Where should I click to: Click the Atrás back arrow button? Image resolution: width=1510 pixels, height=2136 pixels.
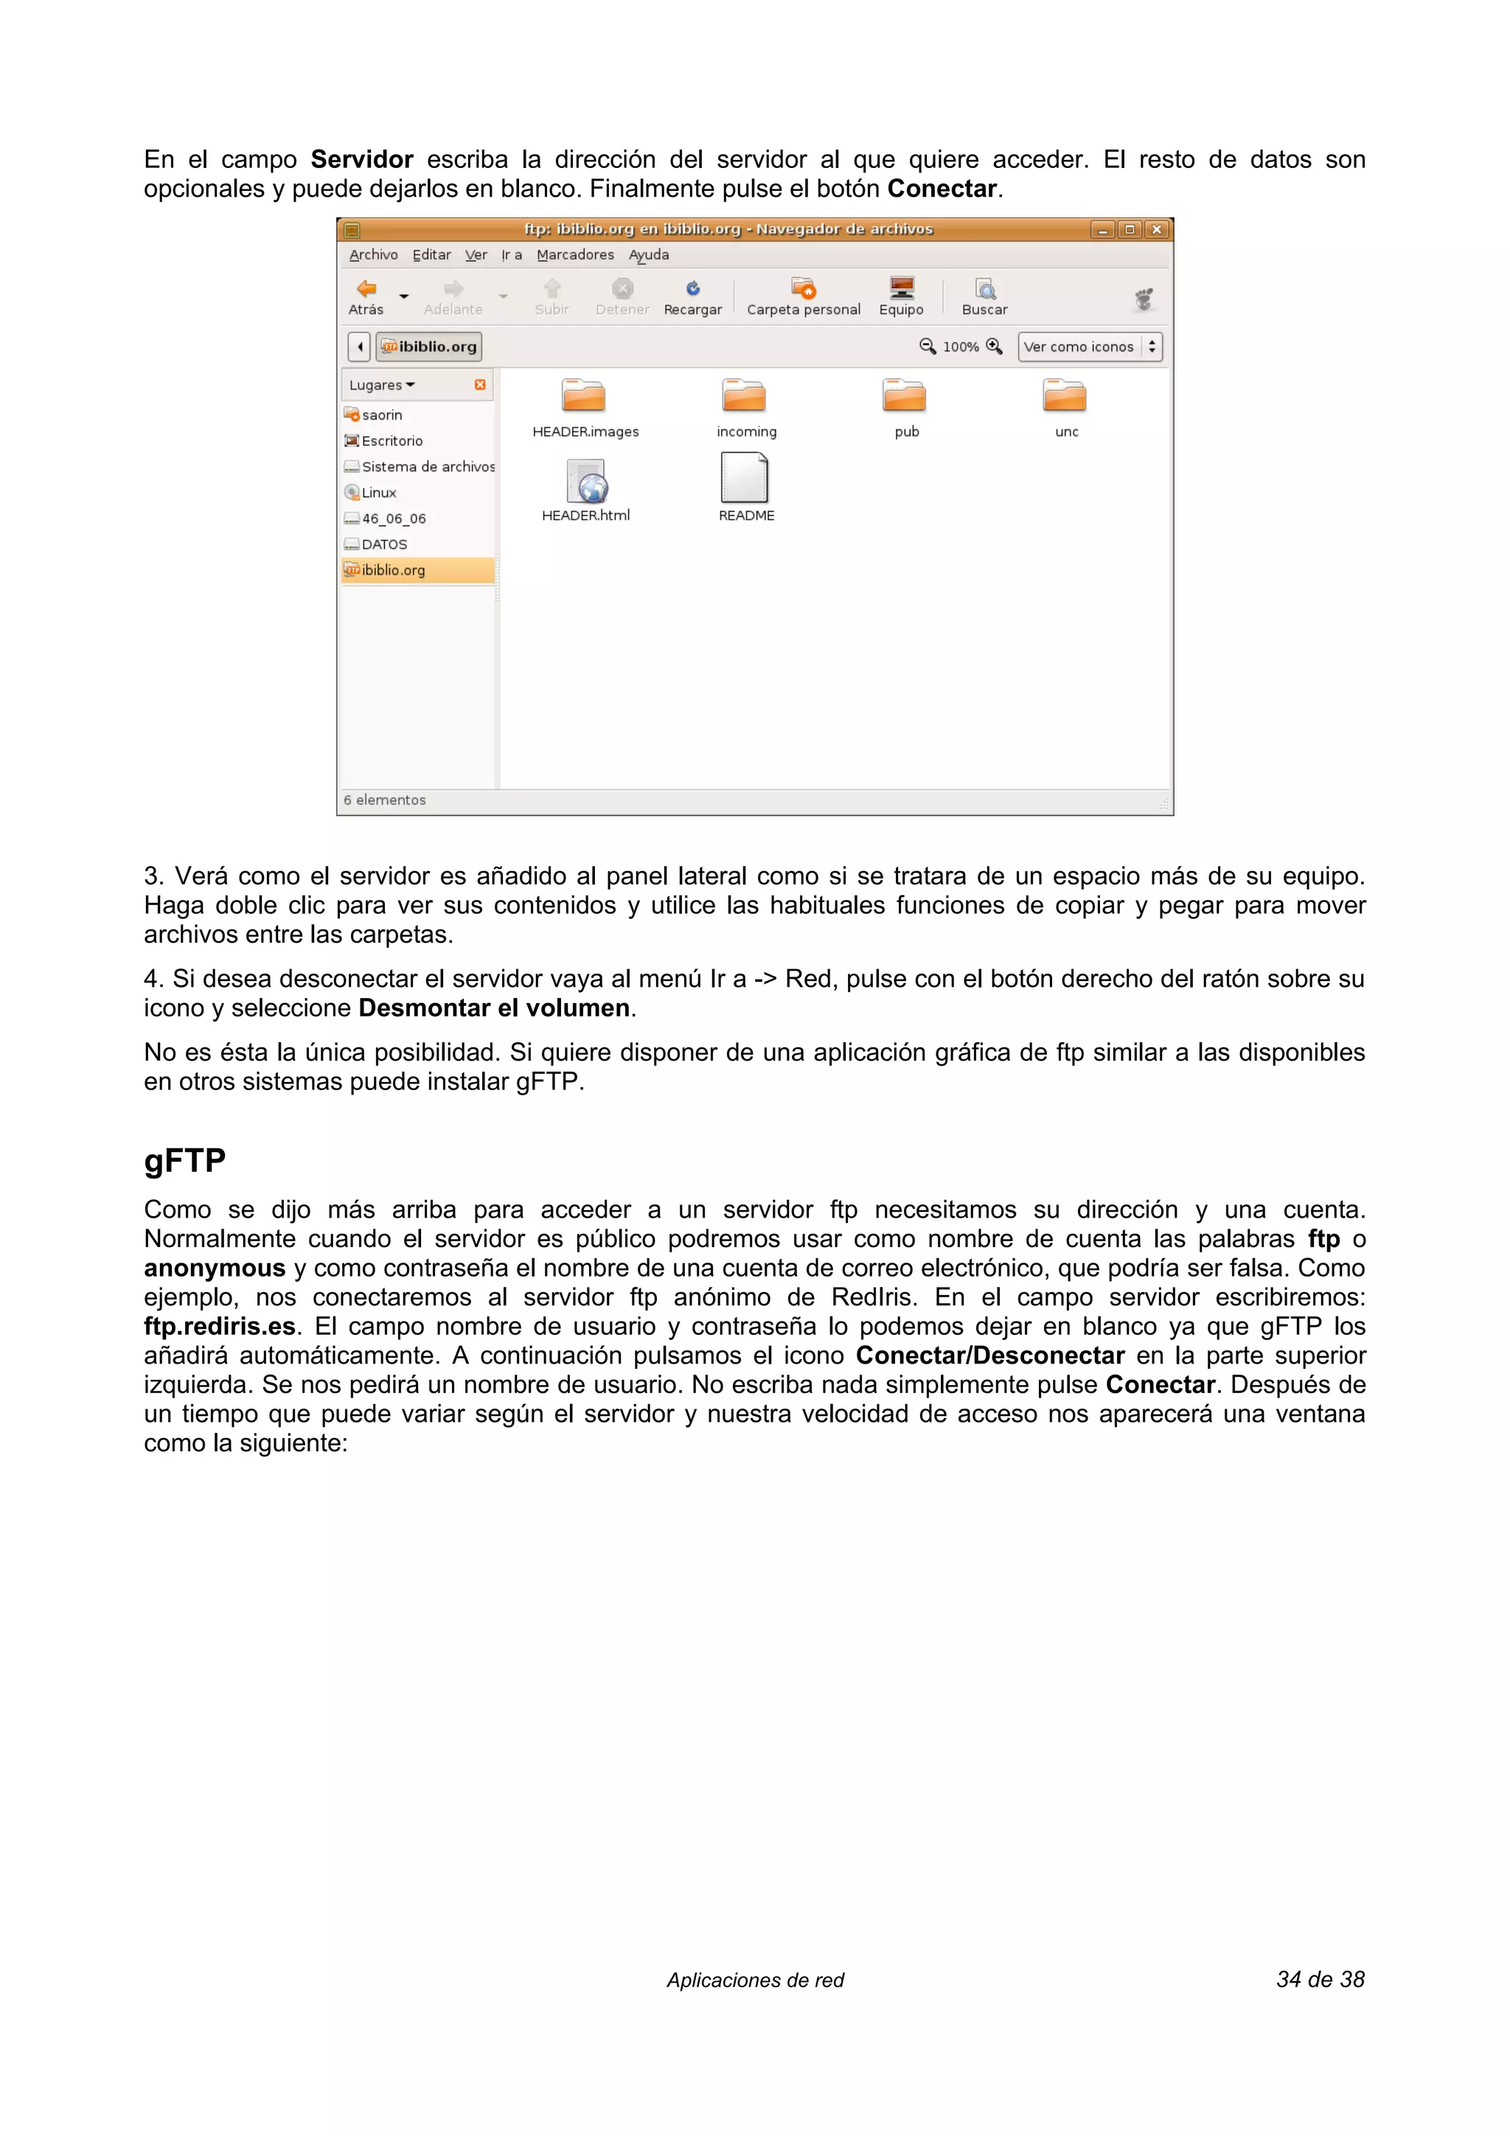tap(367, 290)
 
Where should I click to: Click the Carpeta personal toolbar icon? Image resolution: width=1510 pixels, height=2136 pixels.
tap(803, 290)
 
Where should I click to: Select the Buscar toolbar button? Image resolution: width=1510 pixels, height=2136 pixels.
tap(984, 290)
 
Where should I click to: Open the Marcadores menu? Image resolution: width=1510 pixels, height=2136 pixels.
tap(575, 255)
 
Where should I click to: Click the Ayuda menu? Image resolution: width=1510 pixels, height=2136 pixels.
tap(649, 255)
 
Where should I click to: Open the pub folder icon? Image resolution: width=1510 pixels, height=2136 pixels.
tap(905, 397)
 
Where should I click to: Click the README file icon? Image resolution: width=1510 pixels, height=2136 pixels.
tap(744, 478)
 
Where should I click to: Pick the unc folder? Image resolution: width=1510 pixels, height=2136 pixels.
tap(1065, 397)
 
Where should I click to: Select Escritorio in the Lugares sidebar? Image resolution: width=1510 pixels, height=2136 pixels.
tap(392, 441)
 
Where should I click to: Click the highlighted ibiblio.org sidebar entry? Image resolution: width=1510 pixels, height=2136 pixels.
tap(394, 570)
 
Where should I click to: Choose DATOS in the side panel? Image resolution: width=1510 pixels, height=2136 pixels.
tap(384, 544)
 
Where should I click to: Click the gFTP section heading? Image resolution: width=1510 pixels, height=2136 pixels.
tap(184, 1161)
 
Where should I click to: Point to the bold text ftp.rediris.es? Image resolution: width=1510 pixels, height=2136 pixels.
tap(220, 1326)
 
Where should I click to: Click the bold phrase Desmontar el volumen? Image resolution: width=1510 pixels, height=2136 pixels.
tap(494, 1008)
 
